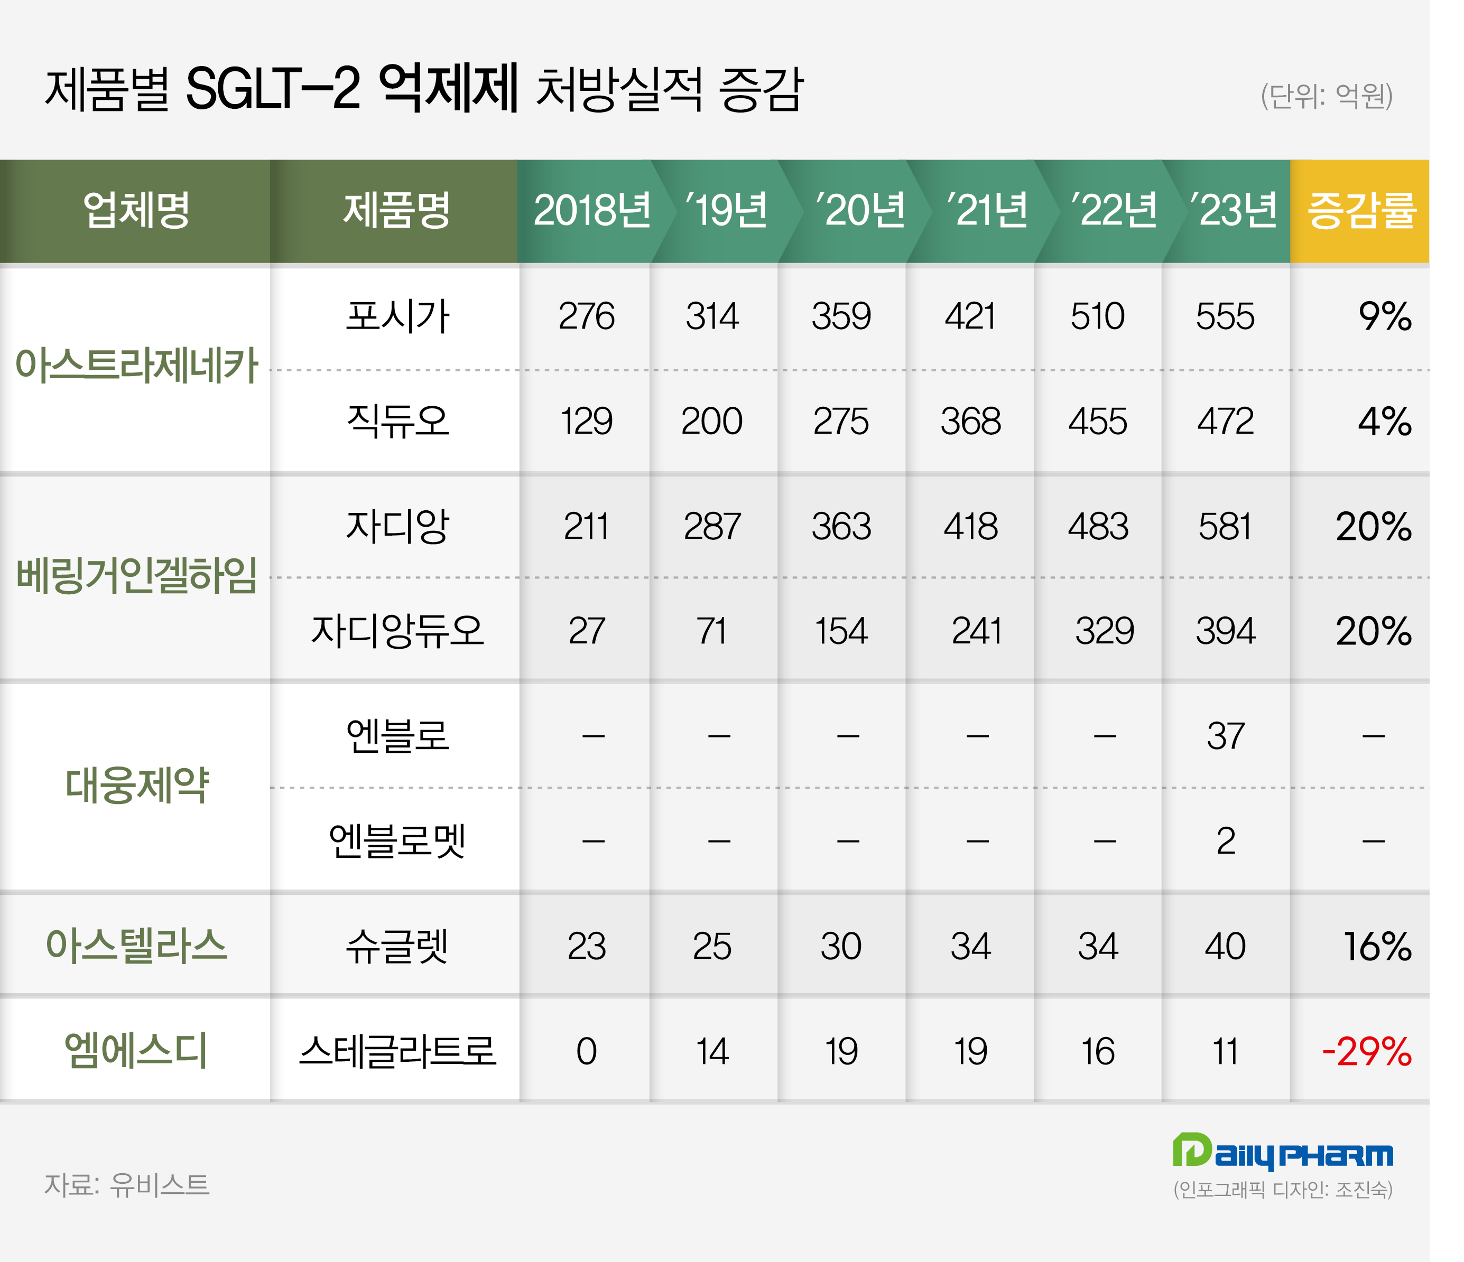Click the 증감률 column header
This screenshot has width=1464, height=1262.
1361,210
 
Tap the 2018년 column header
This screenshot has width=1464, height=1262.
591,210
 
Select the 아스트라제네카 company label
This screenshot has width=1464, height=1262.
136,366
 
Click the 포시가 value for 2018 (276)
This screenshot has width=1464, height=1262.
587,316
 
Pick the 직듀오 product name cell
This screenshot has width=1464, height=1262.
397,421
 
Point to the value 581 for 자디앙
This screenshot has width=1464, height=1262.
1225,527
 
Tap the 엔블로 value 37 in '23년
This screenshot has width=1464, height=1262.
1225,736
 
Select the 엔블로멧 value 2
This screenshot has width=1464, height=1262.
1226,841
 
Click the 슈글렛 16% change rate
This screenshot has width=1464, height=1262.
1377,946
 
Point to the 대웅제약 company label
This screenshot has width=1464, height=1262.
136,786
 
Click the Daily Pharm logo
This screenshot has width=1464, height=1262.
1282,1153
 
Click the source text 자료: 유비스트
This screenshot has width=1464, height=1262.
127,1185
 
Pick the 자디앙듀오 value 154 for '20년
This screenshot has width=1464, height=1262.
841,631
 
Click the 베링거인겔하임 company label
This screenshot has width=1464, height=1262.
136,576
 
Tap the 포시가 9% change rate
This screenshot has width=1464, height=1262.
1384,316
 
